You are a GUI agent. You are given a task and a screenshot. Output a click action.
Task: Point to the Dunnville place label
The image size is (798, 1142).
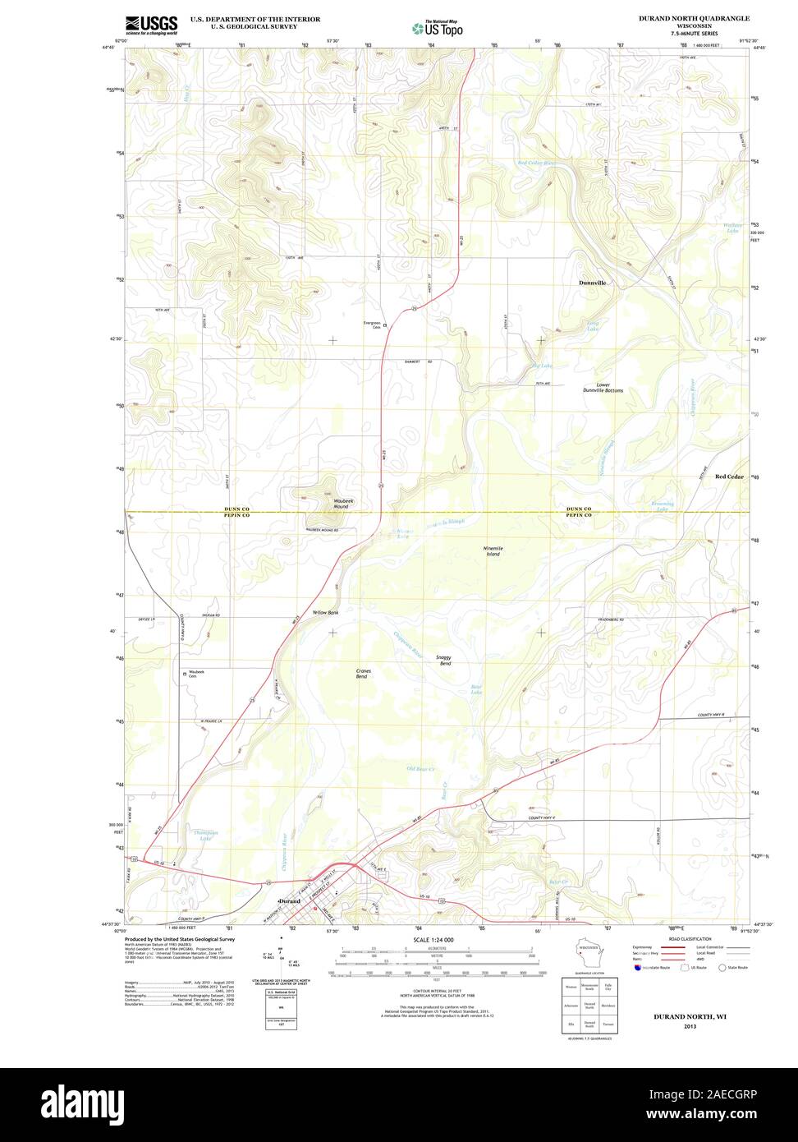click(x=592, y=283)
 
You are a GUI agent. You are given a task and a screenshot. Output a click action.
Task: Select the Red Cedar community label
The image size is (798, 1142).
click(x=728, y=477)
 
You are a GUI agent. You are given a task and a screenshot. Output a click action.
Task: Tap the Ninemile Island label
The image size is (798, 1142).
click(x=493, y=551)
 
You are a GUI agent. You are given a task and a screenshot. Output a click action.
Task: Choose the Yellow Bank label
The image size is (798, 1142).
click(x=325, y=613)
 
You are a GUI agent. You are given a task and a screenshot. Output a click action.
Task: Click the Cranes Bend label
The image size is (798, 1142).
click(x=363, y=674)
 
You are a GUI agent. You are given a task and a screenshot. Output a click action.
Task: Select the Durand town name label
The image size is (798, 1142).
click(x=290, y=901)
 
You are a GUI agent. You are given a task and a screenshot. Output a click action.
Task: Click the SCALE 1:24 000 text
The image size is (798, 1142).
click(x=433, y=939)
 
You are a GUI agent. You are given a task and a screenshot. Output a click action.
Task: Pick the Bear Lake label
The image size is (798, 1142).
click(x=476, y=691)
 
